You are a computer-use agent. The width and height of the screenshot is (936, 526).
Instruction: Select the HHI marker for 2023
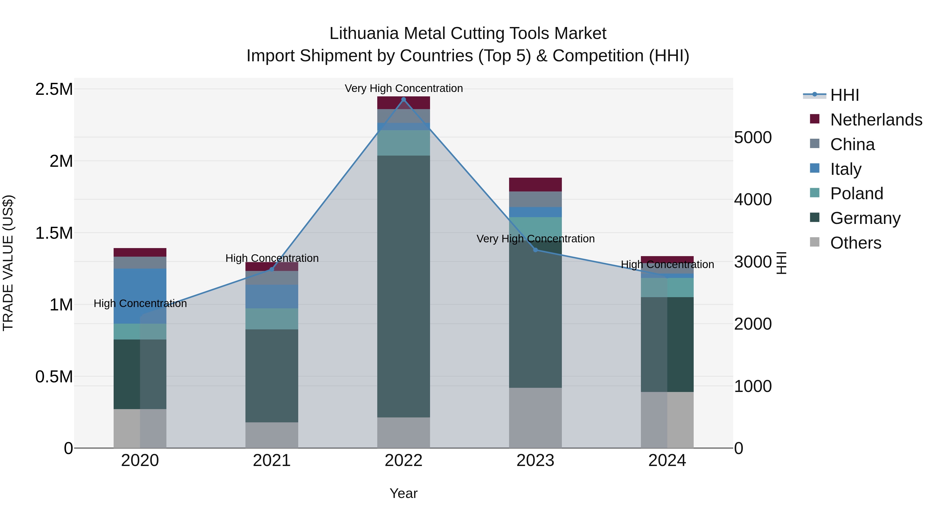[x=535, y=250]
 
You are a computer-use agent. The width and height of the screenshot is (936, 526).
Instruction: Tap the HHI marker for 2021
[x=272, y=269]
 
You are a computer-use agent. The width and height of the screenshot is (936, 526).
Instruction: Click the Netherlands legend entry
[x=876, y=120]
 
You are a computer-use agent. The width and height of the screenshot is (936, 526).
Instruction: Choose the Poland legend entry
[x=856, y=194]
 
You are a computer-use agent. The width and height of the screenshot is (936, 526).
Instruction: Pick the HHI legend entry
[x=844, y=95]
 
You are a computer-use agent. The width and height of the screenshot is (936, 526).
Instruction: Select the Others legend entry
[x=855, y=243]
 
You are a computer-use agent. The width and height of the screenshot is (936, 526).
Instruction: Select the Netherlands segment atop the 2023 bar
[x=535, y=184]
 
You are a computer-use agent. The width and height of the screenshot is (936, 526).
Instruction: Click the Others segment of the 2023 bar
[x=535, y=417]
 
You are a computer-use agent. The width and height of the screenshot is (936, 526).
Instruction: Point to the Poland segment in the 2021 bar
[x=272, y=319]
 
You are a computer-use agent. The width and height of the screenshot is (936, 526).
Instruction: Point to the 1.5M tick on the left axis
[x=54, y=233]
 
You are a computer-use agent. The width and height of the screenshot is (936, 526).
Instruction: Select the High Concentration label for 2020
[x=140, y=303]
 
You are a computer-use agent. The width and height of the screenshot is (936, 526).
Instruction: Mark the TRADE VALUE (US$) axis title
[x=8, y=263]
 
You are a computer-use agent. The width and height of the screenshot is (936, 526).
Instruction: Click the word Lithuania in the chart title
[x=364, y=34]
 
